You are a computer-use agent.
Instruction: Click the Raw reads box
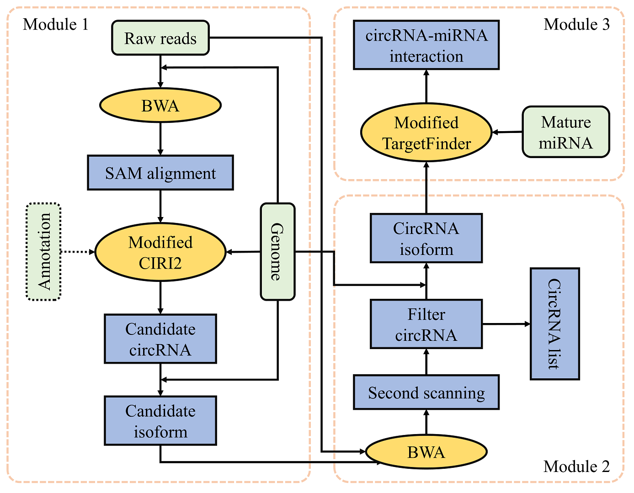[x=160, y=38]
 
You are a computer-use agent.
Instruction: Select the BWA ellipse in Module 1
[x=160, y=106]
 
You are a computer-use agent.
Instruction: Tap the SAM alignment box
[x=160, y=173]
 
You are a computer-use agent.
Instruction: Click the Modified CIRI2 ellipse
[x=160, y=252]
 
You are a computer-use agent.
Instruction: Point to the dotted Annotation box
[x=44, y=252]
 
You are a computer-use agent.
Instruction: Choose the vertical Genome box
[x=277, y=252]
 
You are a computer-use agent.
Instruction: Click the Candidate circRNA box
[x=160, y=339]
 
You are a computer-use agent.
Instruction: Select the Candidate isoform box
[x=160, y=421]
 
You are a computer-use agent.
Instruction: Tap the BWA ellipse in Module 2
[x=426, y=452]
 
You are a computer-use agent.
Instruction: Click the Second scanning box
[x=426, y=392]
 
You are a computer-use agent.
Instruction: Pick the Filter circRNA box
[x=426, y=324]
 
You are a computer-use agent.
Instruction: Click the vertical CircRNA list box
[x=554, y=324]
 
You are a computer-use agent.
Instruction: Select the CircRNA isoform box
[x=426, y=239]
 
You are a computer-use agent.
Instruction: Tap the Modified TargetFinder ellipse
[x=426, y=133]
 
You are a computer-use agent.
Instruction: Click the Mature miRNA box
[x=566, y=133]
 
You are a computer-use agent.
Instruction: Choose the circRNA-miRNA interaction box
[x=426, y=45]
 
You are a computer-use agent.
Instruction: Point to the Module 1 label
[x=56, y=24]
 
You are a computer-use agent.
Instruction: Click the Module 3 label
[x=576, y=24]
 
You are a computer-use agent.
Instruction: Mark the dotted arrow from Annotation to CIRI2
[x=78, y=252]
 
